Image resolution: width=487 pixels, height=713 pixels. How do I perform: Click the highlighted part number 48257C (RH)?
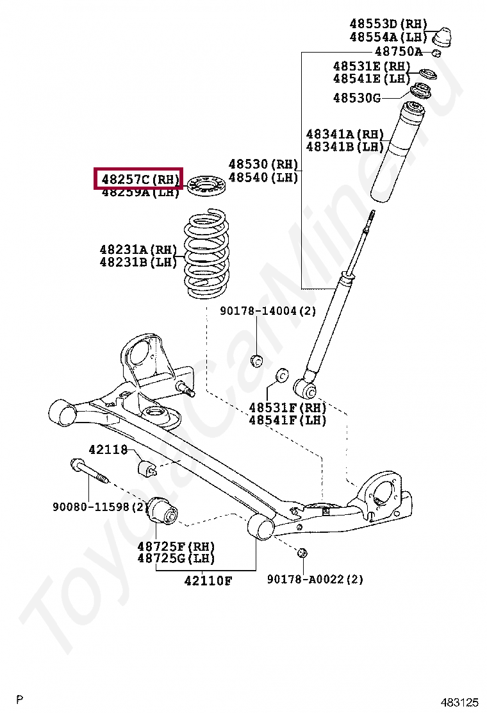pyautogui.click(x=139, y=179)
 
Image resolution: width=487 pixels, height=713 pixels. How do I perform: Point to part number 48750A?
pyautogui.click(x=398, y=51)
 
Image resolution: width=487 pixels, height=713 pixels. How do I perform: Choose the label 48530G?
pyautogui.click(x=357, y=97)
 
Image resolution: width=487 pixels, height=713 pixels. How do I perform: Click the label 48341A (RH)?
pyautogui.click(x=345, y=134)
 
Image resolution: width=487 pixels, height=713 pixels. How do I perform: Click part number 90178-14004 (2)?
pyautogui.click(x=268, y=311)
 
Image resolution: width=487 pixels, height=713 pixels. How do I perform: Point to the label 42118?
pyautogui.click(x=108, y=450)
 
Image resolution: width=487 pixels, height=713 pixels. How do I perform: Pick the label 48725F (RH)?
pyautogui.click(x=176, y=546)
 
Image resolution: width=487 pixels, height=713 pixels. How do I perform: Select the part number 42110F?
pyautogui.click(x=208, y=581)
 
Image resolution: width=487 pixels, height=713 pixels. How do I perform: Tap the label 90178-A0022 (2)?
pyautogui.click(x=315, y=579)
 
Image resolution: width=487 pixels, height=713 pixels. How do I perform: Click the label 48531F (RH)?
pyautogui.click(x=288, y=408)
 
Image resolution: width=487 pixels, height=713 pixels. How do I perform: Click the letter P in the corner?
pyautogui.click(x=20, y=698)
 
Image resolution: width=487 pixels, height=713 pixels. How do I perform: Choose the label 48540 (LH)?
pyautogui.click(x=263, y=178)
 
